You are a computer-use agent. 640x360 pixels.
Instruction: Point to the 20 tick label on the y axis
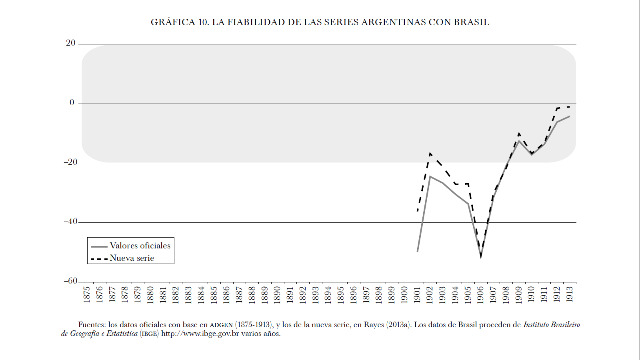coord(71,43)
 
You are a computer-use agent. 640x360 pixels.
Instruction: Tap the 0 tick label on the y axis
coord(72,103)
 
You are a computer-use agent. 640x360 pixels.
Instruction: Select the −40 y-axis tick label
coord(70,222)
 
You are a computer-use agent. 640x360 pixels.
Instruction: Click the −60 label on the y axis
coord(70,281)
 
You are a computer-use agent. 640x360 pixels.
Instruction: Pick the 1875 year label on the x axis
coord(87,294)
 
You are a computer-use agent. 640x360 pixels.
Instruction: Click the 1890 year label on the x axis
coord(277,294)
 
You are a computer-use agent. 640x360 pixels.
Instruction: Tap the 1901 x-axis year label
coord(417,294)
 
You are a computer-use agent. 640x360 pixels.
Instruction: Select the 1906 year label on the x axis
coord(480,294)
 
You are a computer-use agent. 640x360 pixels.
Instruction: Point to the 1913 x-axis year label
coord(570,294)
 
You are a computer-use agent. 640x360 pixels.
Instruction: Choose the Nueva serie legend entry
coord(132,258)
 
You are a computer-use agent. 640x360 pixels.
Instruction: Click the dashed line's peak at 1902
coord(430,153)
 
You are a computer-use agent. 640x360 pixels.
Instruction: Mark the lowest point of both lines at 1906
coord(481,256)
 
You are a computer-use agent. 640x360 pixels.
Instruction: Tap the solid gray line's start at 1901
coord(417,252)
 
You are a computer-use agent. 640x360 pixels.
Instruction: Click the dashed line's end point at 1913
coord(569,107)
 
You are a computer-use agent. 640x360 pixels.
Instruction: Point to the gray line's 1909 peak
coord(519,141)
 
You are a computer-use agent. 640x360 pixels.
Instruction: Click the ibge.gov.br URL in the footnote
coord(200,334)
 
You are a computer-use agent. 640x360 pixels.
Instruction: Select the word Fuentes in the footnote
coord(92,325)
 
